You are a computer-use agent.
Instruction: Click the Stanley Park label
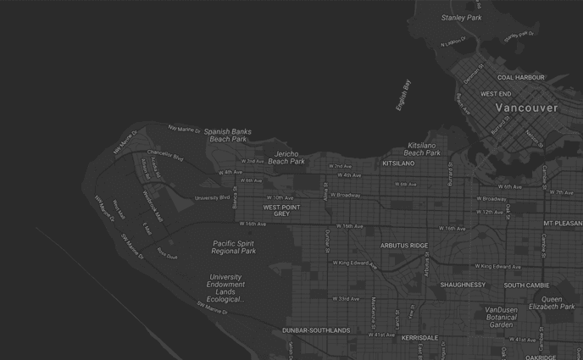pyautogui.click(x=461, y=17)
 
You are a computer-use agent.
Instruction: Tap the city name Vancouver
pyautogui.click(x=526, y=108)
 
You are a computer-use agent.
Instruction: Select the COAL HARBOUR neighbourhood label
pyautogui.click(x=520, y=77)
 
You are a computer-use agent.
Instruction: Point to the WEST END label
pyautogui.click(x=496, y=94)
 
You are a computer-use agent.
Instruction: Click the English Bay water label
pyautogui.click(x=403, y=95)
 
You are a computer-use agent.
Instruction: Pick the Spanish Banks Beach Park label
pyautogui.click(x=227, y=136)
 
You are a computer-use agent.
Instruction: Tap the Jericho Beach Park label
pyautogui.click(x=286, y=157)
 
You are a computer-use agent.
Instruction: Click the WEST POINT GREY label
pyautogui.click(x=281, y=210)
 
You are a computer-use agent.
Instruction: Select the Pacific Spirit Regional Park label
pyautogui.click(x=233, y=246)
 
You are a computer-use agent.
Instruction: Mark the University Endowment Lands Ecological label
pyautogui.click(x=225, y=288)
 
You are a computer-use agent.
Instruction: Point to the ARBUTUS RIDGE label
pyautogui.click(x=404, y=246)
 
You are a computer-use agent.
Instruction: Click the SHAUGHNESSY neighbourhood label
pyautogui.click(x=463, y=285)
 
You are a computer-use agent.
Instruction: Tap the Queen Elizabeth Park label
pyautogui.click(x=551, y=302)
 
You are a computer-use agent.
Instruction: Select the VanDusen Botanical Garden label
pyautogui.click(x=501, y=317)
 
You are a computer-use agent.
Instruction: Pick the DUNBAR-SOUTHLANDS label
pyautogui.click(x=316, y=330)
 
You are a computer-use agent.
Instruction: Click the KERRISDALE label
pyautogui.click(x=419, y=337)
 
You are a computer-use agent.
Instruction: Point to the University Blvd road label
pyautogui.click(x=212, y=197)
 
